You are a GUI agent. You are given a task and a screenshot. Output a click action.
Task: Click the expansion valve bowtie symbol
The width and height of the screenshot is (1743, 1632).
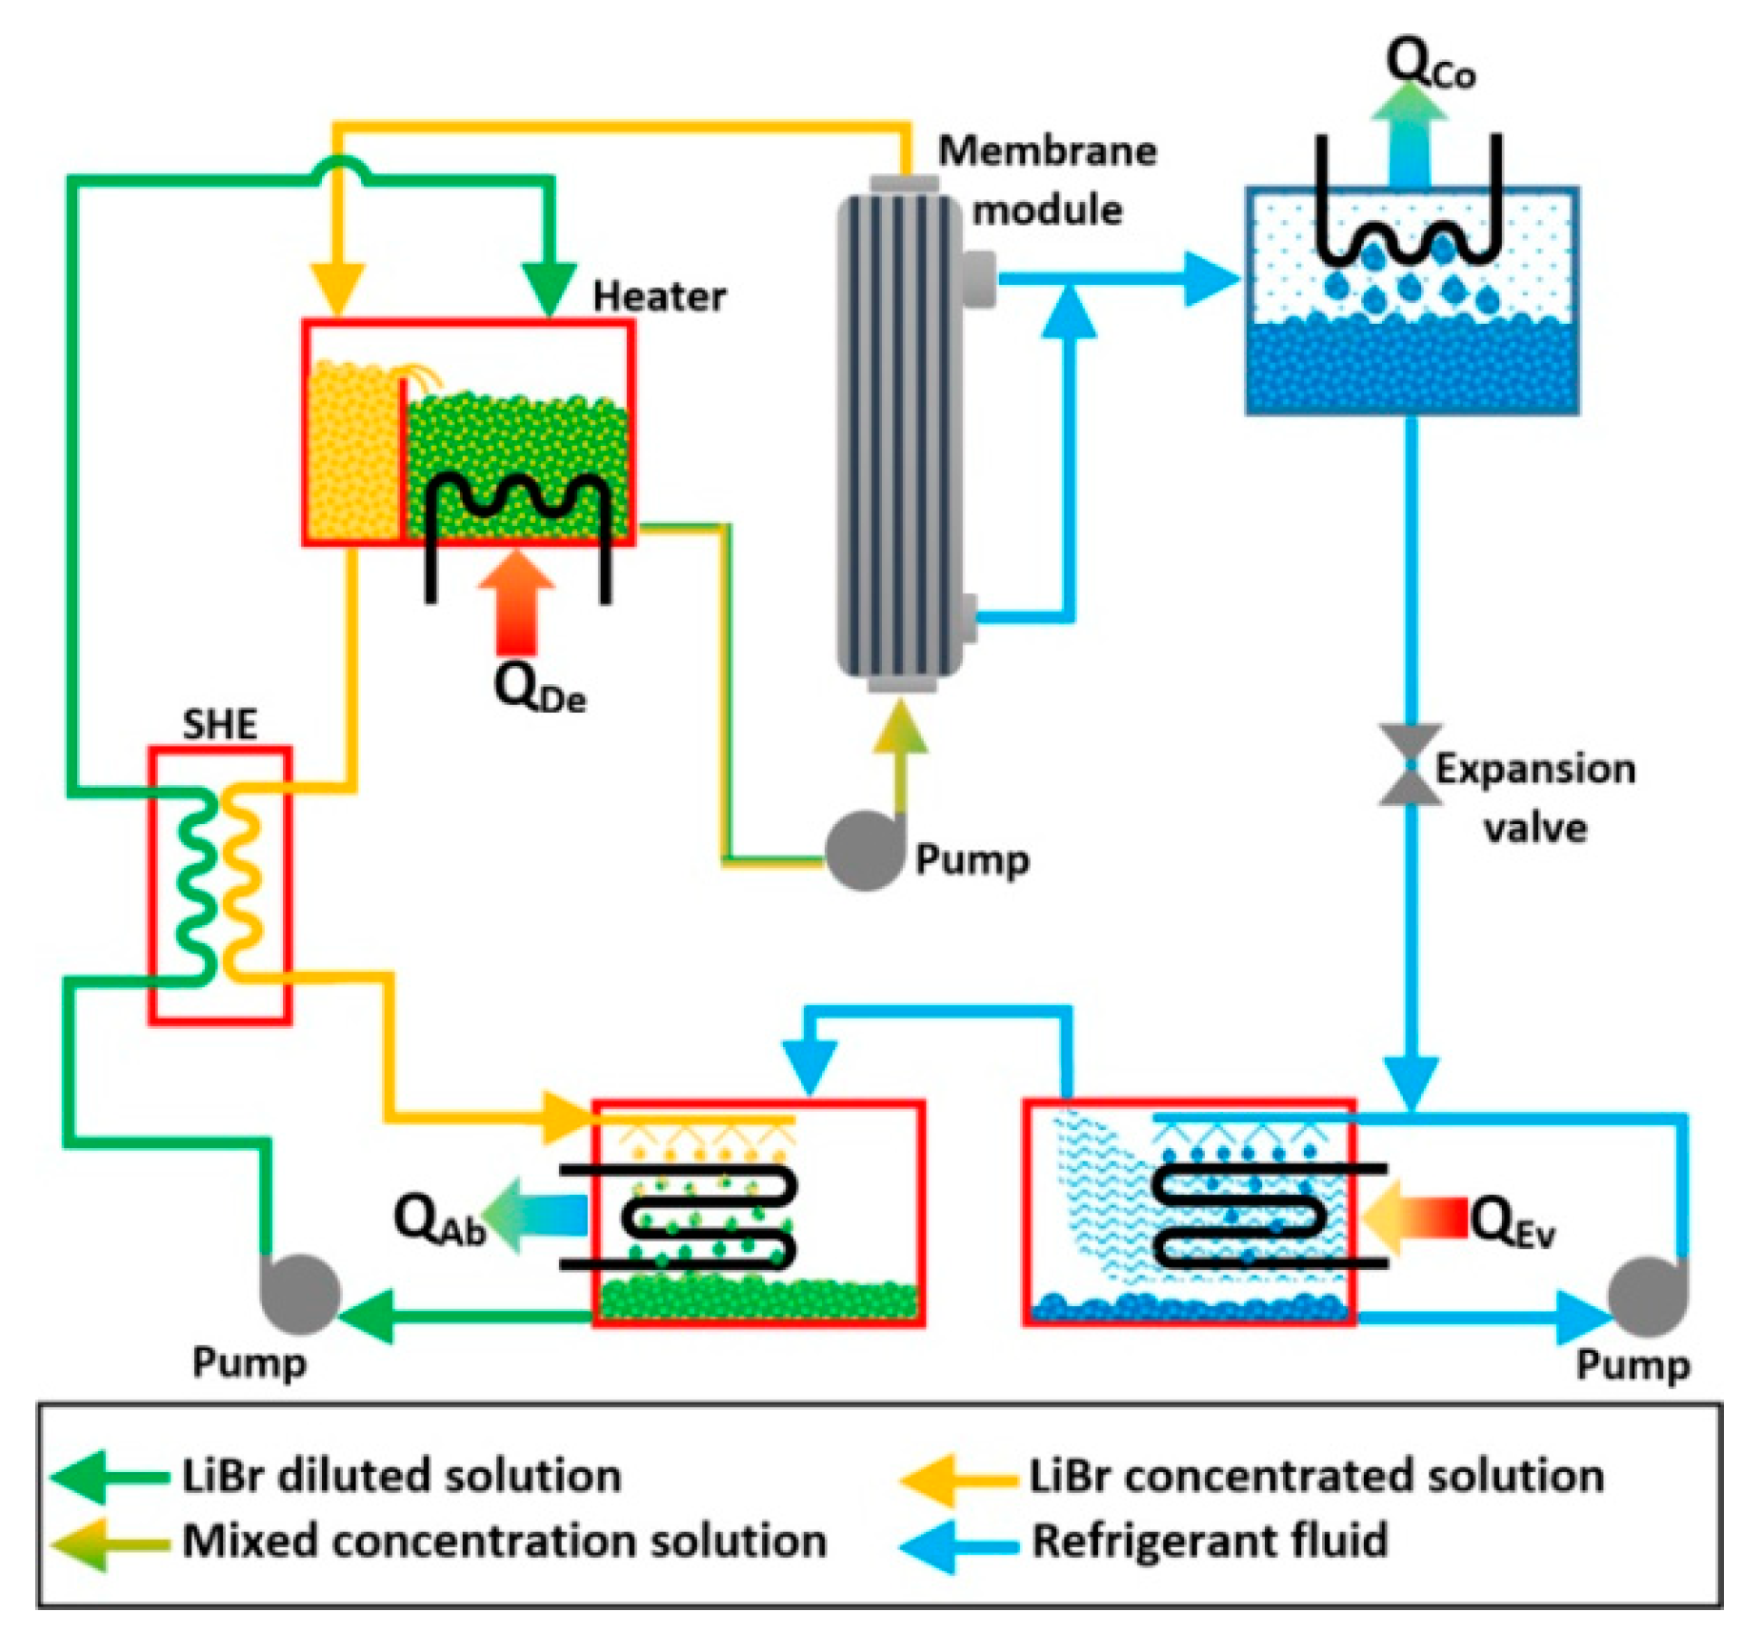(x=1411, y=765)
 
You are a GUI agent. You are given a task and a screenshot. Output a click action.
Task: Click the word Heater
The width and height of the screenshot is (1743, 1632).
(x=659, y=296)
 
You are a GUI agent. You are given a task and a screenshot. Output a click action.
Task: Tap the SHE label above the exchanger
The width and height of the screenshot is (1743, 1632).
(x=220, y=725)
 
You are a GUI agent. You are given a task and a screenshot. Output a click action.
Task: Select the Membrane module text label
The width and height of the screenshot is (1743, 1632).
(x=1047, y=180)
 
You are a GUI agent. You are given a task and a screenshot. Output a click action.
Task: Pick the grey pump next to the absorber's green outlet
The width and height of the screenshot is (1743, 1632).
(x=300, y=1294)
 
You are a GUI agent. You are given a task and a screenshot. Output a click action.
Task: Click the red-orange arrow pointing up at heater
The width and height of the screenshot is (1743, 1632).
(x=516, y=600)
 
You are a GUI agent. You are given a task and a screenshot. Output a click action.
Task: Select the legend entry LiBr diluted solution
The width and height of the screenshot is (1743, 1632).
(x=401, y=1476)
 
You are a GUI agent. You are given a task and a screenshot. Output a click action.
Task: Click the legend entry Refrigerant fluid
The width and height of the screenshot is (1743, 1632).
(x=1210, y=1541)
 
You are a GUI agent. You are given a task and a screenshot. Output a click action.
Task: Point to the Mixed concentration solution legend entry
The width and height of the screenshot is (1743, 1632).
(x=504, y=1541)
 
